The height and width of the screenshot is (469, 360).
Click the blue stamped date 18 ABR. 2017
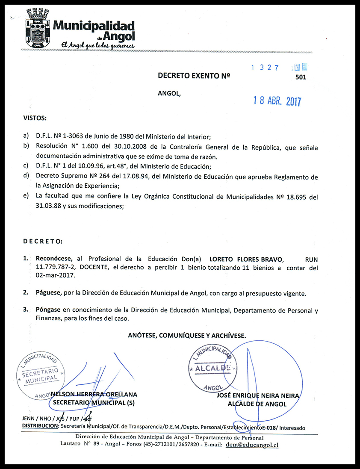pos(277,101)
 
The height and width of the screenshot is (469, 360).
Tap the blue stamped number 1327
pos(265,68)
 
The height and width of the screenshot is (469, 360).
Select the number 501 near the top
pos(301,77)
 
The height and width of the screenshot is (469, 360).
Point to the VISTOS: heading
pos(35,118)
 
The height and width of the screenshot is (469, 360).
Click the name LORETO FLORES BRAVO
pos(246,259)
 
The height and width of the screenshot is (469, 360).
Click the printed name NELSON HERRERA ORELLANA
pos(94,394)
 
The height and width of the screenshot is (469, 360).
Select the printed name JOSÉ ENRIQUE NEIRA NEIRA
pos(257,396)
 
